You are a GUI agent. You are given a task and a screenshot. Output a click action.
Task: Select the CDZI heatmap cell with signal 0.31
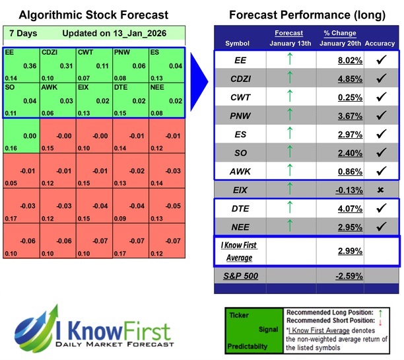pos(57,65)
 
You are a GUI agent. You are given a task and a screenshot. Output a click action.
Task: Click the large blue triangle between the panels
pos(199,82)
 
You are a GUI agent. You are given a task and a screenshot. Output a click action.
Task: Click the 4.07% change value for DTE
pos(349,208)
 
